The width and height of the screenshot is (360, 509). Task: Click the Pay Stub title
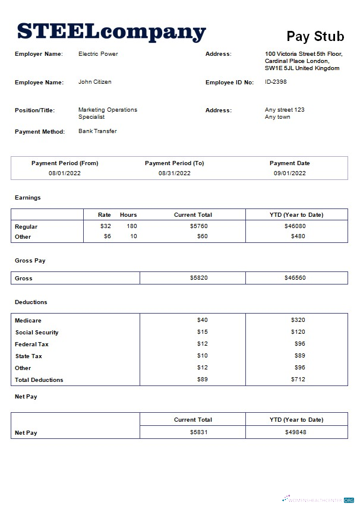[x=315, y=36]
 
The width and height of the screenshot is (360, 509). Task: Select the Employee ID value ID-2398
[x=276, y=82]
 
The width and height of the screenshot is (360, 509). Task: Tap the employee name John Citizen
[x=95, y=82]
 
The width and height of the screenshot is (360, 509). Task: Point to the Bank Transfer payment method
[x=97, y=131]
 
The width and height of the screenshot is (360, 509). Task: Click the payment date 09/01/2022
[x=289, y=173]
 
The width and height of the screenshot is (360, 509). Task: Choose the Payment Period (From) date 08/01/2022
[x=65, y=173]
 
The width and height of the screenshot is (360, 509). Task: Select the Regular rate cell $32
[x=106, y=226]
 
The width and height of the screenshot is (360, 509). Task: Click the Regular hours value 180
[x=131, y=226]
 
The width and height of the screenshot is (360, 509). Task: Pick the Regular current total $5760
[x=198, y=226]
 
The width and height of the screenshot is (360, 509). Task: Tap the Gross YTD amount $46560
[x=296, y=278]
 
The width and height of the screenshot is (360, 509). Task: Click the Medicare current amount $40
[x=202, y=320]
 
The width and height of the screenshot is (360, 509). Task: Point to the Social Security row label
[x=37, y=333]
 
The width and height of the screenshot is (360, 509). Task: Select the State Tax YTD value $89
[x=299, y=356]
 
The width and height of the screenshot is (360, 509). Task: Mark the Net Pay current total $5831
[x=198, y=432]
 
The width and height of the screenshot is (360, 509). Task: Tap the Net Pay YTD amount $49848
[x=296, y=432]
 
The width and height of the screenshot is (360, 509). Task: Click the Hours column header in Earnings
[x=128, y=215]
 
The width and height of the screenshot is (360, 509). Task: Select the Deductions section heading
[x=31, y=302]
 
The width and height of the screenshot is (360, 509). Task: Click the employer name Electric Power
[x=98, y=54]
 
